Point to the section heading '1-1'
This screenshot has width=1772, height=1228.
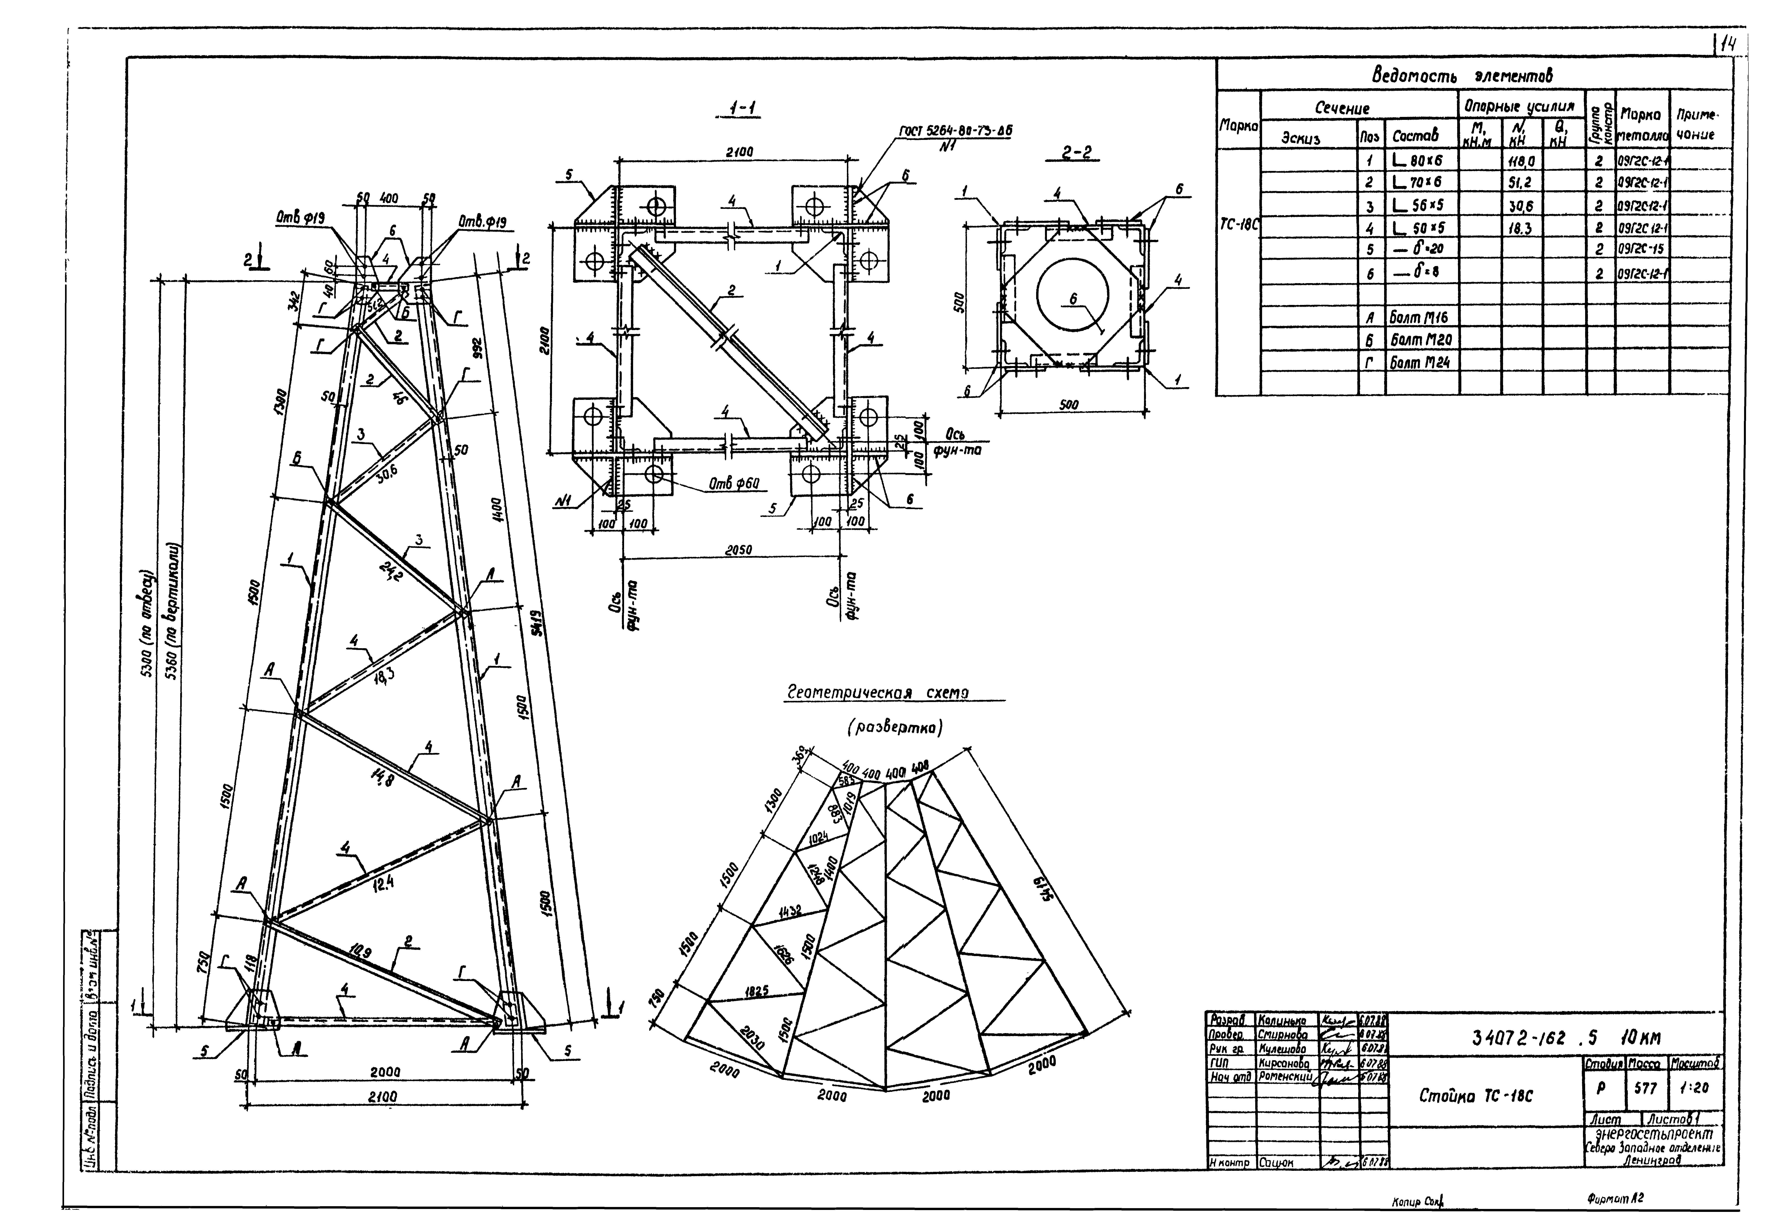click(743, 110)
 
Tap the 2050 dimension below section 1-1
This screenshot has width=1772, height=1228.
click(737, 550)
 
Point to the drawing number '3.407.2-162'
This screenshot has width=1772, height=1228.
click(1516, 1039)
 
